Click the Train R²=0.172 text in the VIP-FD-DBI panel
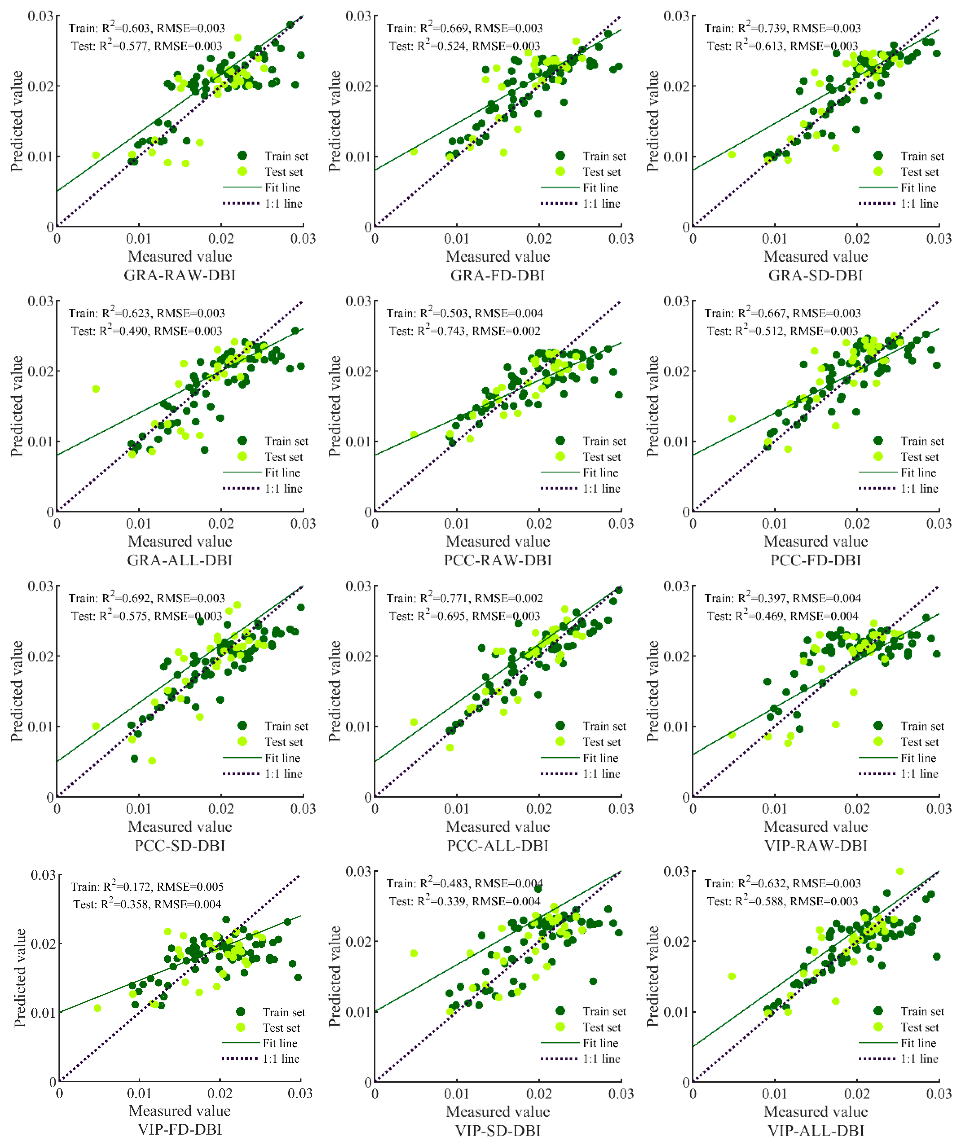click(147, 887)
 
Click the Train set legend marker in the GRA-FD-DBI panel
click(560, 156)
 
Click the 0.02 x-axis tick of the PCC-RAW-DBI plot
click(539, 524)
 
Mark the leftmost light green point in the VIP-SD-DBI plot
click(414, 953)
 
